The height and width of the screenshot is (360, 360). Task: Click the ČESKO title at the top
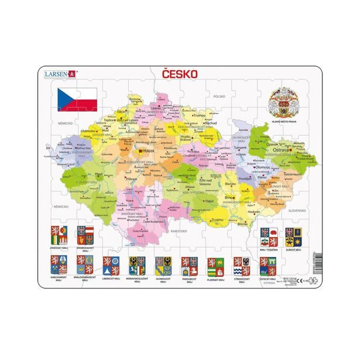[x=180, y=75]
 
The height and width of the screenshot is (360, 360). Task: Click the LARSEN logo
[x=60, y=74]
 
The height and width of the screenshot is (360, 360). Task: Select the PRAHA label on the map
[x=146, y=151]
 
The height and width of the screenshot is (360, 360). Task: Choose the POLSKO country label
[x=220, y=97]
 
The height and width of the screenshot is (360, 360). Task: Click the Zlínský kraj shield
[x=293, y=236]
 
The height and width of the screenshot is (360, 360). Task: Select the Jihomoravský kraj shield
[x=85, y=236]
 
